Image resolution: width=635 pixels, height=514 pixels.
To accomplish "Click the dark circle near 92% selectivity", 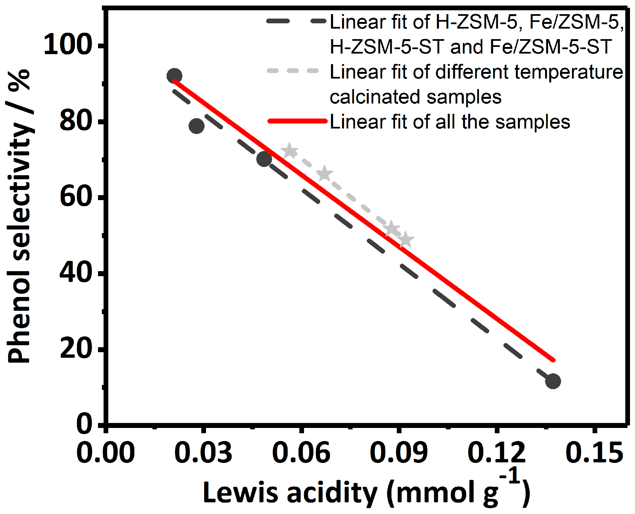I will click(x=174, y=76).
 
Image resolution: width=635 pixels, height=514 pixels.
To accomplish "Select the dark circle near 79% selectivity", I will click(x=197, y=126).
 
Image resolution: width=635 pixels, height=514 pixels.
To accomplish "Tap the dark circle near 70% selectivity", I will click(x=264, y=159).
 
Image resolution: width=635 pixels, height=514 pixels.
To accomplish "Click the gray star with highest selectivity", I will click(x=290, y=151).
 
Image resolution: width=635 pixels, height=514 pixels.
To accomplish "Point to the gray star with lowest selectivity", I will click(x=406, y=240).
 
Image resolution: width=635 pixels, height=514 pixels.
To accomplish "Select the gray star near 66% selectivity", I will click(x=324, y=174).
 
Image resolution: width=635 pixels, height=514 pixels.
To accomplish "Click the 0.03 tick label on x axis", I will click(x=203, y=453).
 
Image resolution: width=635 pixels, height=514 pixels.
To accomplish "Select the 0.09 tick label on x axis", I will click(x=399, y=453).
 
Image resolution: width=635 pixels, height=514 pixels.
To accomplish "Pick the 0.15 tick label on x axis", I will click(x=594, y=453).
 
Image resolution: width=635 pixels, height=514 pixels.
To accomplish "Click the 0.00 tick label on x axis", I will click(x=106, y=453).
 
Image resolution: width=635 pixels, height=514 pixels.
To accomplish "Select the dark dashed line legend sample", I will click(x=296, y=21).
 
